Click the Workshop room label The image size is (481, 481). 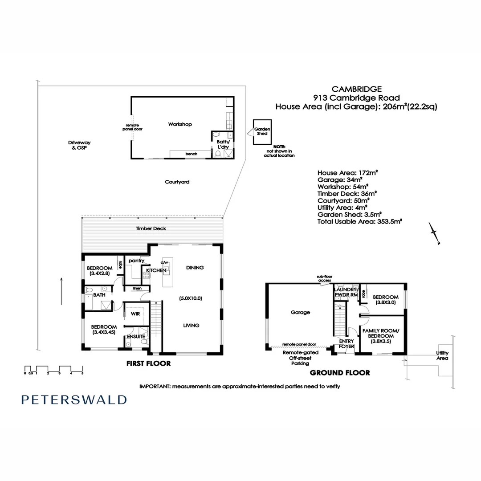180,124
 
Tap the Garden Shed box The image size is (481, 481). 262,131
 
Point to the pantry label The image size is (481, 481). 136,261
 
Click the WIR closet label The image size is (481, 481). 135,314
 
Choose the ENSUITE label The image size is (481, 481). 135,336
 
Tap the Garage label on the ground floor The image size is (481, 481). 300,312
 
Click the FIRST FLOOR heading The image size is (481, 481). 148,363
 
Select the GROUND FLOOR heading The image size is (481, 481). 340,373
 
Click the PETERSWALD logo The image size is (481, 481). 74,399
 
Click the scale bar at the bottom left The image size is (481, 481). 53,369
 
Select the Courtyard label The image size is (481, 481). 177,182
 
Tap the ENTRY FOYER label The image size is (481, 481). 346,344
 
